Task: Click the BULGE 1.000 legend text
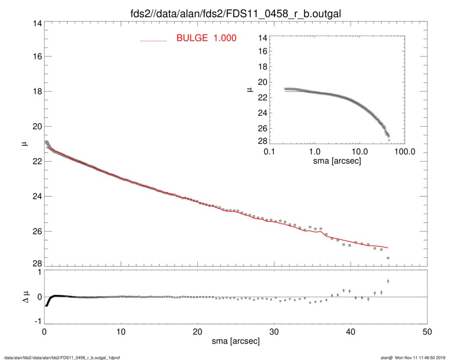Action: [x=206, y=38]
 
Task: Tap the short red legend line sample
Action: [x=154, y=40]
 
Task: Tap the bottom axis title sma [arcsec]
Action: [x=235, y=341]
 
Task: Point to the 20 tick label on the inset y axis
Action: [x=262, y=82]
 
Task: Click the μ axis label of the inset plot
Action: [x=249, y=89]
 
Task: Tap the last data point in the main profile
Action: [x=388, y=258]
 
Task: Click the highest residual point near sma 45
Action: [x=388, y=281]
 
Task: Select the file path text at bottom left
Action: [x=62, y=357]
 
